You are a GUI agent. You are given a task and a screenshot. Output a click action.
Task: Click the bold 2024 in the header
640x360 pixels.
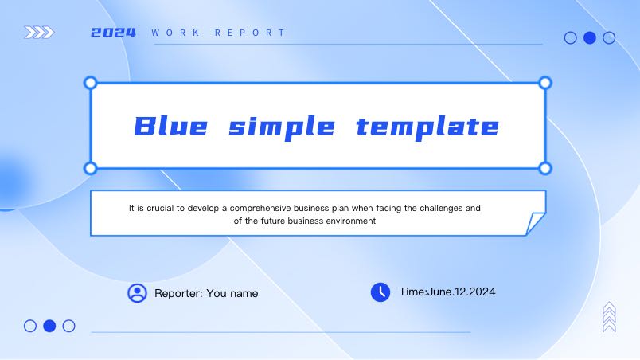113,33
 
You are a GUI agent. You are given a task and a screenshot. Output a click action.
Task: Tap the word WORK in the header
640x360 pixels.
175,33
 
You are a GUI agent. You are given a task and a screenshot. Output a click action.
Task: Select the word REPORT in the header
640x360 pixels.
250,33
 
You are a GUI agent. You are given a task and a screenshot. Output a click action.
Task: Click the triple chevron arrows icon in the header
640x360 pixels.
39,32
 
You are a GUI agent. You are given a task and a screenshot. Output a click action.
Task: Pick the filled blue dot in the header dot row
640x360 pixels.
590,38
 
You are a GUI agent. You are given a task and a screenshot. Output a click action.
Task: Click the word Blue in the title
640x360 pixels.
170,126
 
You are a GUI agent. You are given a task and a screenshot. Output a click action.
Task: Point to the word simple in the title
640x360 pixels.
282,127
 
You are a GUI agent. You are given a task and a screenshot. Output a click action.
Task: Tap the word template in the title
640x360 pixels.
427,127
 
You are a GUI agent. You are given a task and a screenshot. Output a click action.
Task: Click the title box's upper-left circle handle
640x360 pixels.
90,83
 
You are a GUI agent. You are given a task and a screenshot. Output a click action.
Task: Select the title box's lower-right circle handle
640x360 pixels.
545,168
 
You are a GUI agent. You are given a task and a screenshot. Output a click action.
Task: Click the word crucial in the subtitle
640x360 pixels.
160,208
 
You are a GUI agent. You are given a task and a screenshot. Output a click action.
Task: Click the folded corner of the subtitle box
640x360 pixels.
535,223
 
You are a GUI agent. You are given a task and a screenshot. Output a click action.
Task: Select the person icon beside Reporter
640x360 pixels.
137,293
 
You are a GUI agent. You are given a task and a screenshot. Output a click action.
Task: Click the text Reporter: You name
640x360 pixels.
206,293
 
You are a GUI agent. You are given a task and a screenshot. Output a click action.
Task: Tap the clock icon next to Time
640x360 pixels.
380,292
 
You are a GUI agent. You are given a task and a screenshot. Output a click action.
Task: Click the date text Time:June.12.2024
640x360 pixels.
447,292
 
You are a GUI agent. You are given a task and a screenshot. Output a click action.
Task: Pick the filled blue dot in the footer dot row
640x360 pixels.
49,326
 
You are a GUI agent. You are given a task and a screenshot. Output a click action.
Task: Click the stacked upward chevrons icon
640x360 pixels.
609,317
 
